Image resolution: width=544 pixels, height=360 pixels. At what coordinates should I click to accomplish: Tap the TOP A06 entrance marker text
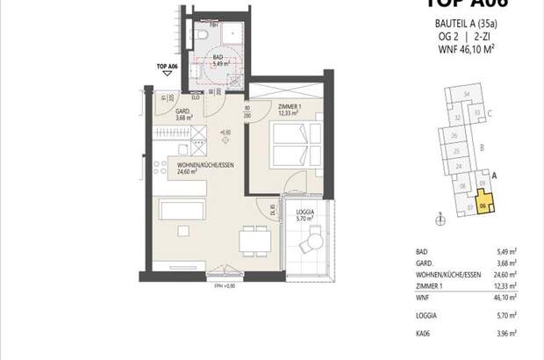pos(167,67)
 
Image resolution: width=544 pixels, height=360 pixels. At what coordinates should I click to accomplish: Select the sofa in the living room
pos(183,211)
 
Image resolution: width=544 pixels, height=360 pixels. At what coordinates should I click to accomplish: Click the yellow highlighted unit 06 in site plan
pos(485,203)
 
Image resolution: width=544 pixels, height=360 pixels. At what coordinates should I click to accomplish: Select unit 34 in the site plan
pos(468,93)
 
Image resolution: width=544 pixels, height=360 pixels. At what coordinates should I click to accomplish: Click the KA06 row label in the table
pos(424,335)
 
